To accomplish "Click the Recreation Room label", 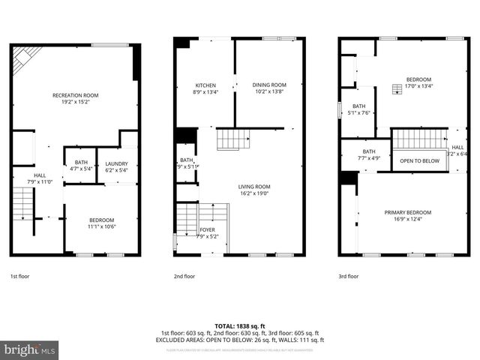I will pos(75,95).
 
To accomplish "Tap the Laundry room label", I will pos(116,163).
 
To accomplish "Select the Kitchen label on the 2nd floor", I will pos(205,85).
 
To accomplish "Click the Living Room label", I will pos(253,187).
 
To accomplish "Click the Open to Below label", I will pos(419,161).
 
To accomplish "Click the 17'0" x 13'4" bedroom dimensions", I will pos(418,85).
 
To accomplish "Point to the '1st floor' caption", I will pos(20,276).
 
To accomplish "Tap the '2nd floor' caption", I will pos(184,276).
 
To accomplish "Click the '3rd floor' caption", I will pos(348,276).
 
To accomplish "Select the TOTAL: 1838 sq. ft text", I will pos(239,325).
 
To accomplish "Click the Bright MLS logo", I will pos(29,349).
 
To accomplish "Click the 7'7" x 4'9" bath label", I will pos(368,157).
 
